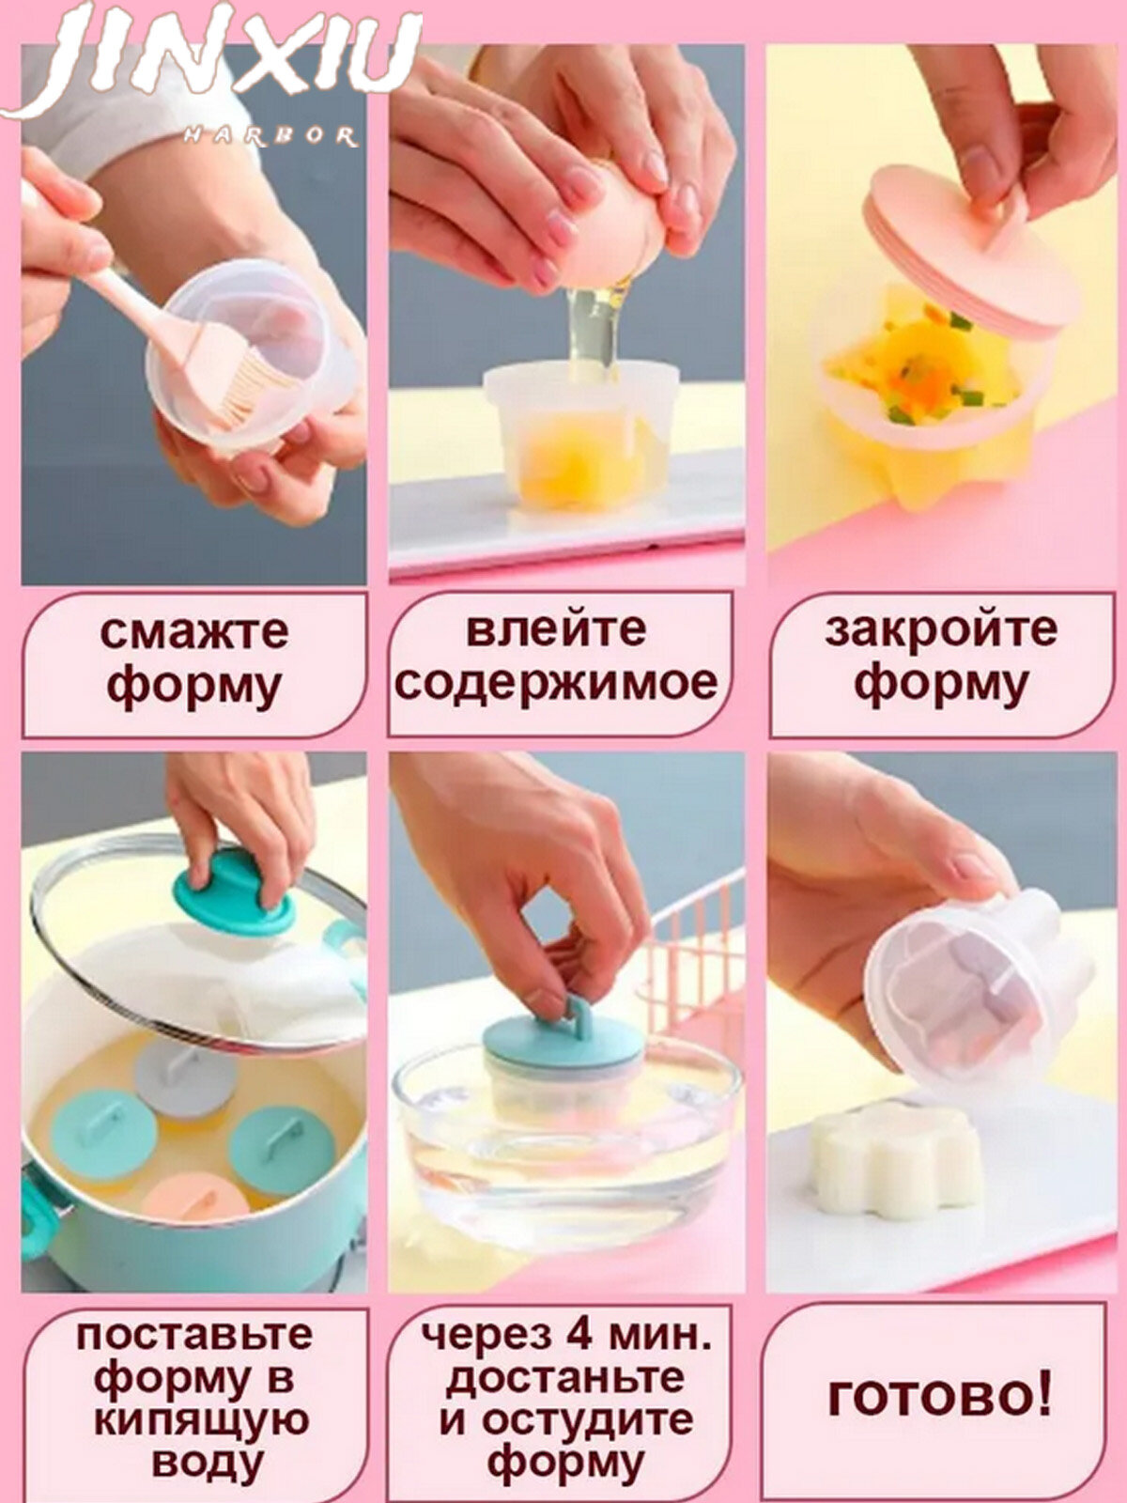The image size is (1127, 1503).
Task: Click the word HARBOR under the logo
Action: click(270, 137)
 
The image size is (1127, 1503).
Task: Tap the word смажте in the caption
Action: click(194, 632)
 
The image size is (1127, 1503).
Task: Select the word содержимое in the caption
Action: click(556, 683)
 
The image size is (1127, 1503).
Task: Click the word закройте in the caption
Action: click(941, 629)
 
